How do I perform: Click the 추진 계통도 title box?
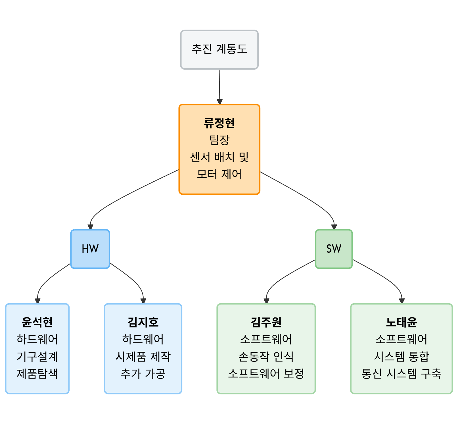[x=219, y=49]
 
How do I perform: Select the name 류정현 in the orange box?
[x=219, y=123]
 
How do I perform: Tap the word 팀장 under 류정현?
[x=219, y=140]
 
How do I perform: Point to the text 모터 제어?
[x=219, y=174]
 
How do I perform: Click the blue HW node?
[x=90, y=249]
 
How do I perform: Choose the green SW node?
[x=334, y=249]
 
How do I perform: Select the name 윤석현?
[x=37, y=322]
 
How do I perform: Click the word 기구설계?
[x=37, y=356]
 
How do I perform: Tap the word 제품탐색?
[x=37, y=373]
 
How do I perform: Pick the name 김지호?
[x=143, y=322]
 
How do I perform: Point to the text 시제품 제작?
[x=143, y=356]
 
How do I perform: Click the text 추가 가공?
[x=143, y=373]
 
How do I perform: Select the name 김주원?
[x=266, y=322]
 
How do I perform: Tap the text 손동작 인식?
[x=266, y=356]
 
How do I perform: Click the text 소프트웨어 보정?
[x=266, y=373]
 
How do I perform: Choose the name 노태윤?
[x=401, y=322]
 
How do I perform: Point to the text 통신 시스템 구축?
[x=401, y=373]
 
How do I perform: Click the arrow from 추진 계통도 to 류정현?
[x=219, y=85]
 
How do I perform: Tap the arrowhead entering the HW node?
[x=90, y=227]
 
